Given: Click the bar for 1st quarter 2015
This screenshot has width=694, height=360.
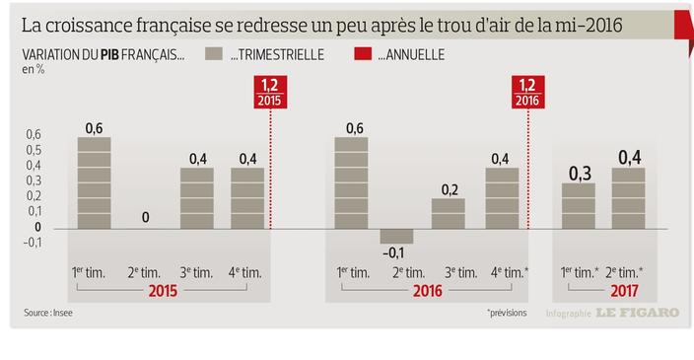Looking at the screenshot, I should coord(94,182).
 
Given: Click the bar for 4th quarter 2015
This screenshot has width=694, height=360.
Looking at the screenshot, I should coord(247,198).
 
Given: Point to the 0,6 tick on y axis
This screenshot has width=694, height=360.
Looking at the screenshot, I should coord(34,135).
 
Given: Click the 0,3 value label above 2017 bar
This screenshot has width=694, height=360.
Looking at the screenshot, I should coord(580,174).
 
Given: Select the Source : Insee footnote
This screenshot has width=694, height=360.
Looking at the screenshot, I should coord(48,314).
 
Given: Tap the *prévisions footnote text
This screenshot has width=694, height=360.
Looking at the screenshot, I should coord(507,314).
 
